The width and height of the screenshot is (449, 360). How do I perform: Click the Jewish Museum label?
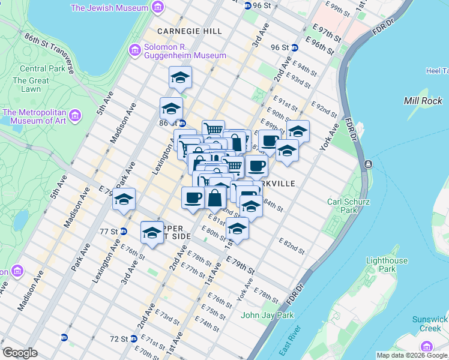109,8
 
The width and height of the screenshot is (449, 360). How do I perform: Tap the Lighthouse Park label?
387,265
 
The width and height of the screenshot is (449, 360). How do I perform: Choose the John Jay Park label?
267,315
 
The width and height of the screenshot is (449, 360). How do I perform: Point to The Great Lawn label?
31,85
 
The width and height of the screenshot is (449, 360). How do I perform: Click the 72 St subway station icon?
64,338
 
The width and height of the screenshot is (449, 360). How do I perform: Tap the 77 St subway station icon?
124,231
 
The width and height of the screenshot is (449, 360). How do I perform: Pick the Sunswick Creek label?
430,323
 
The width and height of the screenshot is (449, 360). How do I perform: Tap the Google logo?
20,353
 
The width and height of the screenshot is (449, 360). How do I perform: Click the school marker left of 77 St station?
124,200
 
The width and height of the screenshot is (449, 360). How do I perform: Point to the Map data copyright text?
411,355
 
